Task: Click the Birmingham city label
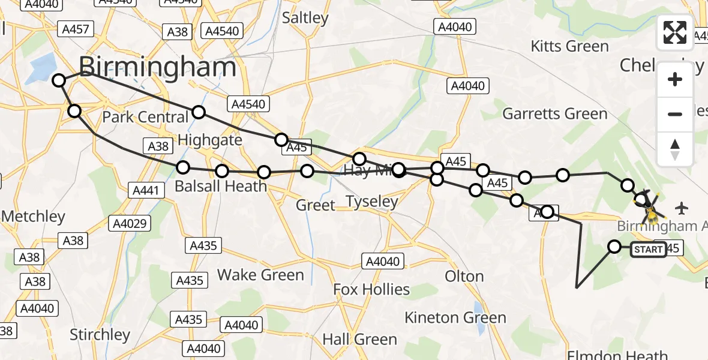[157, 67]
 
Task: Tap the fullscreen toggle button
[675, 32]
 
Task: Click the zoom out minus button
[675, 114]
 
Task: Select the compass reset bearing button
[675, 148]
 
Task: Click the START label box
[648, 250]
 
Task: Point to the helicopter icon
[650, 210]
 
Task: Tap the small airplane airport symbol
[681, 208]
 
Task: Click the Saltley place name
[305, 18]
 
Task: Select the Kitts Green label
[569, 46]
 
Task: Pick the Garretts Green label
[555, 113]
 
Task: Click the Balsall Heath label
[220, 187]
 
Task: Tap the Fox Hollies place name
[371, 290]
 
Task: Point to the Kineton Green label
[455, 317]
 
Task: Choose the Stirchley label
[100, 334]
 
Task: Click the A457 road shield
[74, 29]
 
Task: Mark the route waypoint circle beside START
[614, 247]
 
